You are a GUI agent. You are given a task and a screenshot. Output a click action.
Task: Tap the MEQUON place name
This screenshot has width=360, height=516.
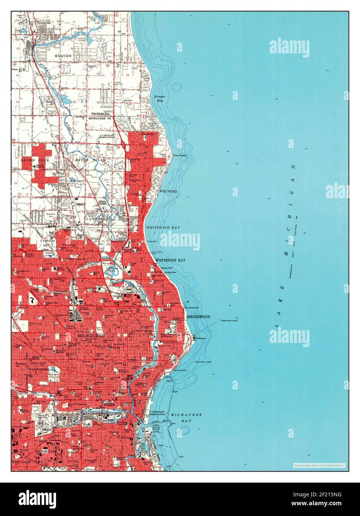coord(63,56)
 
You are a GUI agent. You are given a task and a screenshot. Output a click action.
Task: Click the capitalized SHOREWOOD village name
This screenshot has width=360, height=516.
coord(198,317)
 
